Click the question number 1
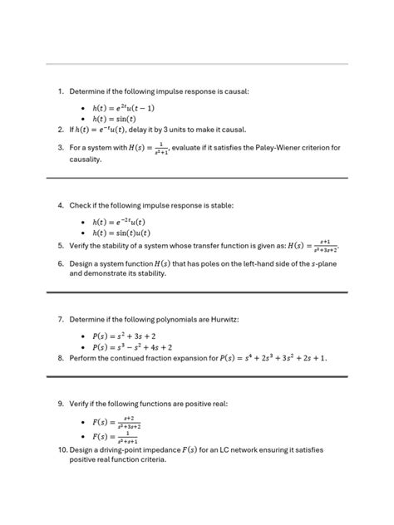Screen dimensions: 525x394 [x=61, y=91]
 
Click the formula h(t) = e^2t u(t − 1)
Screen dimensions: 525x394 [x=125, y=108]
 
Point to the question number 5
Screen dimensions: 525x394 [x=61, y=246]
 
